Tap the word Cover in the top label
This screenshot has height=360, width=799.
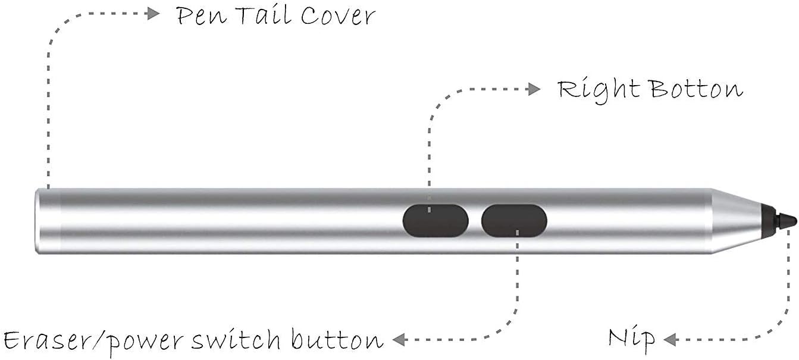(337, 16)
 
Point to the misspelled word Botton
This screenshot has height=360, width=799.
(696, 89)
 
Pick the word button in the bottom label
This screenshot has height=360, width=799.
(337, 340)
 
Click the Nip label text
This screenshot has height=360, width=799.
(631, 339)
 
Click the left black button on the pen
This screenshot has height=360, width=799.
(435, 220)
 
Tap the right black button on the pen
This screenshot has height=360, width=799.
(514, 220)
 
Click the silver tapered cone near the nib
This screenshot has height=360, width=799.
(736, 221)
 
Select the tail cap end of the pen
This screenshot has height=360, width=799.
(48, 221)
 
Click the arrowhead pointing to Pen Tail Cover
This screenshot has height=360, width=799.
(154, 13)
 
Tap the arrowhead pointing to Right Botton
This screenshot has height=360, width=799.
(534, 89)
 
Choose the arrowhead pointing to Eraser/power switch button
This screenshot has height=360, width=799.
(399, 340)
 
